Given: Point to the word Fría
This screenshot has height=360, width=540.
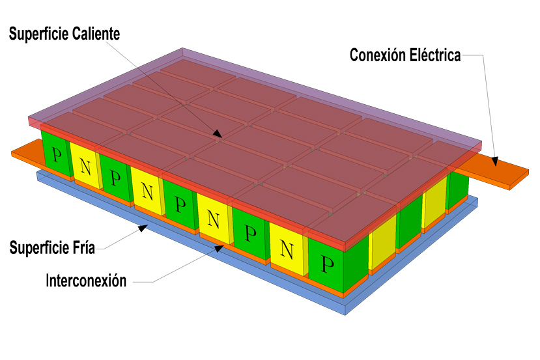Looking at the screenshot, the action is point(83,248).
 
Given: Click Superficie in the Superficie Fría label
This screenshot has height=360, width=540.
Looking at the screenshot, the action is point(39,248).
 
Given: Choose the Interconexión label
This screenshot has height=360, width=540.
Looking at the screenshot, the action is point(86,281).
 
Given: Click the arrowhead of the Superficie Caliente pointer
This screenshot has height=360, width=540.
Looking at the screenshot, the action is point(218,133).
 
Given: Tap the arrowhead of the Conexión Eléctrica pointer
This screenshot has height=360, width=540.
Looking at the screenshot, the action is point(494,161).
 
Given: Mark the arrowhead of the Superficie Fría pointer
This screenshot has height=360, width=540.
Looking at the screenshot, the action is point(143,228).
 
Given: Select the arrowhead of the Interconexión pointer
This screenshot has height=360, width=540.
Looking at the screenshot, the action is point(220,248).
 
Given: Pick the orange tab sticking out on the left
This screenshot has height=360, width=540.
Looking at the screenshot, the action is point(27,152).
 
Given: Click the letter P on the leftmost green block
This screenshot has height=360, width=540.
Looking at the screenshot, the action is point(57,154).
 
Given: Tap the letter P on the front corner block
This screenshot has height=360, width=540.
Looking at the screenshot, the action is point(327,264).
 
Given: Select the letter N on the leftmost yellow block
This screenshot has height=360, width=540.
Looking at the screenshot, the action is point(85,167).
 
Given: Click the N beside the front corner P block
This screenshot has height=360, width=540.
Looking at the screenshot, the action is point(287,249).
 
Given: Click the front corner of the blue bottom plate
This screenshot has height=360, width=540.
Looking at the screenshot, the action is point(345,314).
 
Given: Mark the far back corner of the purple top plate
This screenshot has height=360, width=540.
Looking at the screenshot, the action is point(182,48).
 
